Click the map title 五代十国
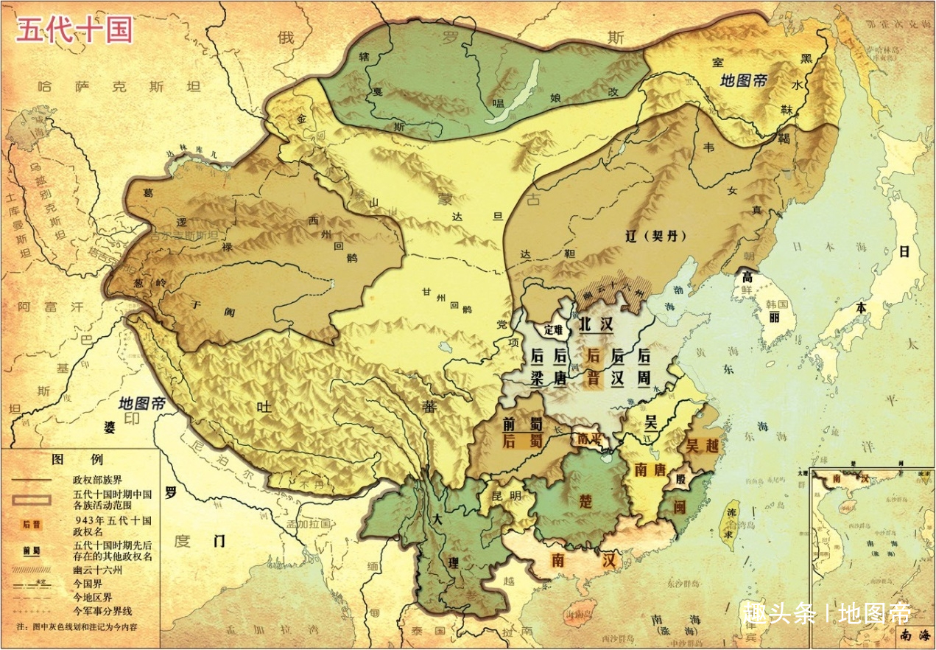(x=74, y=31)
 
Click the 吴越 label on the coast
(x=702, y=445)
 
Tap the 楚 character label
(x=585, y=501)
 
